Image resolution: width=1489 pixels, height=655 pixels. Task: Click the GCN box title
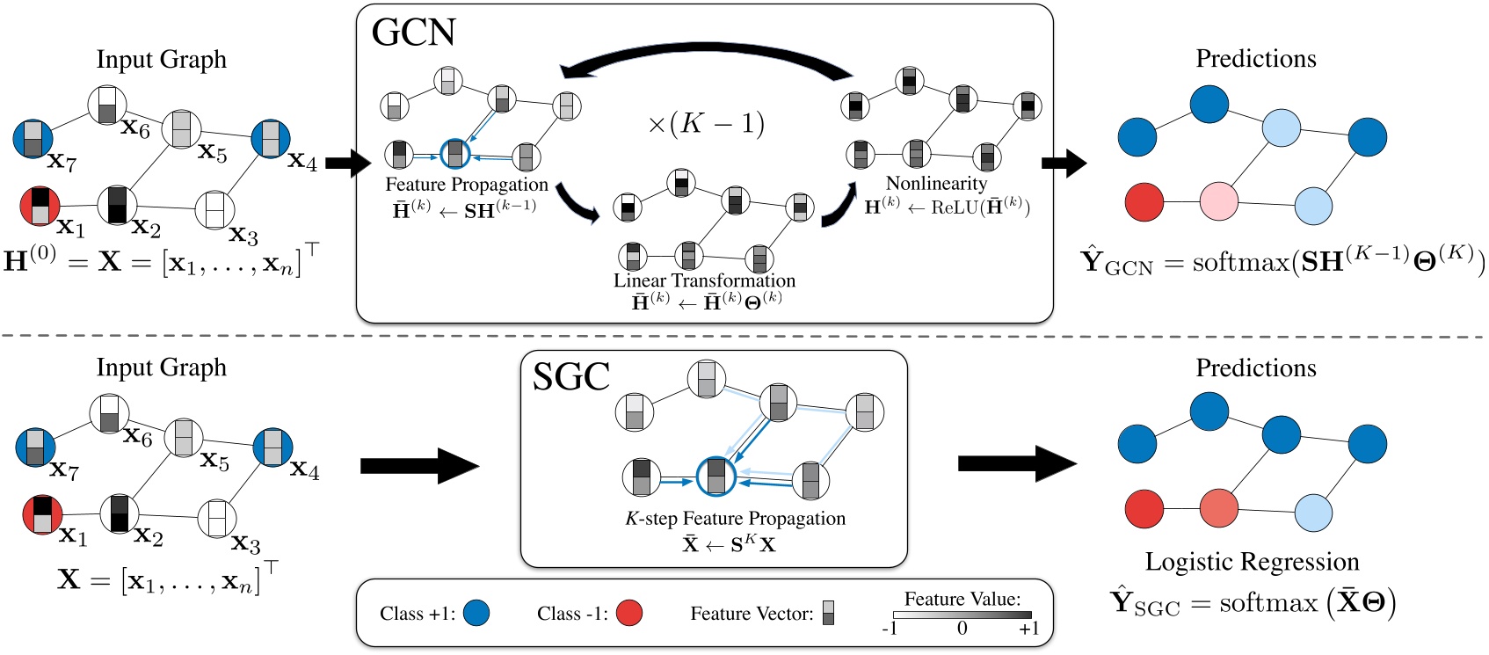[413, 33]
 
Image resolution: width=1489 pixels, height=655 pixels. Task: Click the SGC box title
[570, 377]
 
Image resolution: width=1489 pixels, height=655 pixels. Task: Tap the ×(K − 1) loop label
[706, 124]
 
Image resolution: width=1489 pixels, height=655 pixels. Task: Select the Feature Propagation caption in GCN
[466, 185]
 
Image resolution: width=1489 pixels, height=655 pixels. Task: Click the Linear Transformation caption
[704, 280]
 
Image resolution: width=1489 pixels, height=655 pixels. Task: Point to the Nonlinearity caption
[936, 183]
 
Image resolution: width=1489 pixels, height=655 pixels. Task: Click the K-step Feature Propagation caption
[735, 519]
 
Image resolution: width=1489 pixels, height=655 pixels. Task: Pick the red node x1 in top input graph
[40, 206]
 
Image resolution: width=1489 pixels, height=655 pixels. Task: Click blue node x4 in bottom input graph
[272, 447]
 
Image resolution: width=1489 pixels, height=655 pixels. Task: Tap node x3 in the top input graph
[214, 210]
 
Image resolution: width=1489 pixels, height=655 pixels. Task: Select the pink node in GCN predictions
[1218, 201]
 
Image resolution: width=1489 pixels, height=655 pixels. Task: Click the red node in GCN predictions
[1144, 201]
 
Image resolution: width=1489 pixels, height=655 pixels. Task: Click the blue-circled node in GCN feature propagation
[454, 154]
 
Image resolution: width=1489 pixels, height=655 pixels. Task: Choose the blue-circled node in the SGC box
[715, 477]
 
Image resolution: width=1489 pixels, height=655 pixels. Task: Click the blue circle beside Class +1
[476, 613]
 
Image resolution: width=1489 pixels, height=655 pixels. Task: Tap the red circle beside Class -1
[628, 613]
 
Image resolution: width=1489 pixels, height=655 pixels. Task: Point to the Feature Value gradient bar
[962, 615]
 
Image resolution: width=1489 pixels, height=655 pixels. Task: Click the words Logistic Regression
[1252, 561]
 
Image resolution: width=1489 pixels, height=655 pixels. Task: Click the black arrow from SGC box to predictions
[1015, 463]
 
